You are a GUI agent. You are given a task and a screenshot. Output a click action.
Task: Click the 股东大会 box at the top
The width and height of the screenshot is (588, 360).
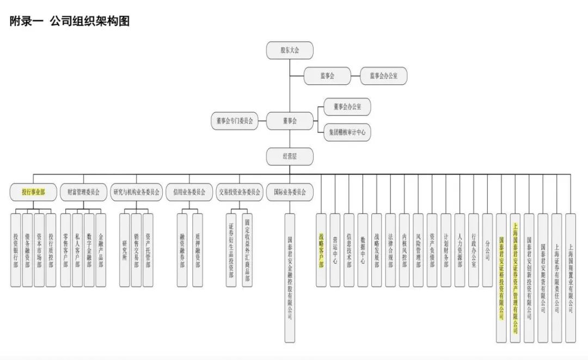pos(290,50)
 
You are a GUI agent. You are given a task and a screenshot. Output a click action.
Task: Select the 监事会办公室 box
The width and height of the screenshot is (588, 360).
pos(383,76)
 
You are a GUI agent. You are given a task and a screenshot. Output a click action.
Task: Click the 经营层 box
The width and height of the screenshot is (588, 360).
pos(290,156)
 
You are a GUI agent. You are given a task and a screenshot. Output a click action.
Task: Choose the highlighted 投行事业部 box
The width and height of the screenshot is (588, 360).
pos(33,192)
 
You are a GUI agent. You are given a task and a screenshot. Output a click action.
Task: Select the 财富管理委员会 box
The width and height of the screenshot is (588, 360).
pos(83,192)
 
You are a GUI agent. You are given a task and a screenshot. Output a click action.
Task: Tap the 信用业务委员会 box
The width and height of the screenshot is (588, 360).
pos(189,192)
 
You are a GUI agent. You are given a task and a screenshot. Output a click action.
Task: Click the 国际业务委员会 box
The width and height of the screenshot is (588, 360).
pos(290,192)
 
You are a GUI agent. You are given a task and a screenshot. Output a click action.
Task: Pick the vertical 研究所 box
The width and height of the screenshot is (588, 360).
pos(125,250)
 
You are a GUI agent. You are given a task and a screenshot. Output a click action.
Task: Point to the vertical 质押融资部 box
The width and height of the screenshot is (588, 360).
pos(197,250)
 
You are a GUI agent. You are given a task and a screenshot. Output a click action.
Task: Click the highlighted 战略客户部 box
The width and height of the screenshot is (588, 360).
pos(321,250)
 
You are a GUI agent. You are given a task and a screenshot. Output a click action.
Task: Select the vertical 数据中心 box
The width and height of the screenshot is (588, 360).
pos(363,250)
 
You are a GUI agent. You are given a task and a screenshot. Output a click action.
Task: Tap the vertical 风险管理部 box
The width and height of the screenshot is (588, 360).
pos(418,250)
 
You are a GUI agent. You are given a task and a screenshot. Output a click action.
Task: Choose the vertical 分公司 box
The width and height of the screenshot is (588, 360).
pos(487,250)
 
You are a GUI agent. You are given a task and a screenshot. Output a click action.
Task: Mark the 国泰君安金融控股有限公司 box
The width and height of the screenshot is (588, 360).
pos(290,278)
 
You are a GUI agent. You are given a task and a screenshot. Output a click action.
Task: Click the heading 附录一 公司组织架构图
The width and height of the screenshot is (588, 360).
pos(70,21)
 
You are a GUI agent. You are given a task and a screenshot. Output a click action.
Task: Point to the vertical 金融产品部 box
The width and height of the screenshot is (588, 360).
pos(101,250)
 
